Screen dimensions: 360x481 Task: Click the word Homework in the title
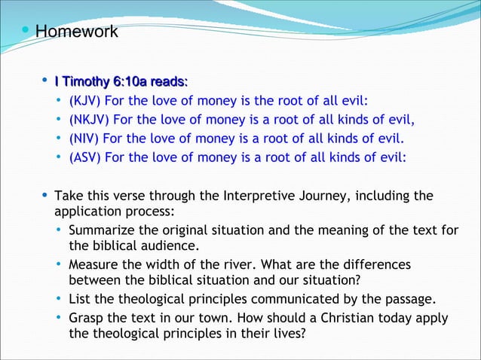pos(77,32)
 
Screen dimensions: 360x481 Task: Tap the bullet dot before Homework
pos(26,32)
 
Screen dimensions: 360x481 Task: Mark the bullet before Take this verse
pos(44,197)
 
